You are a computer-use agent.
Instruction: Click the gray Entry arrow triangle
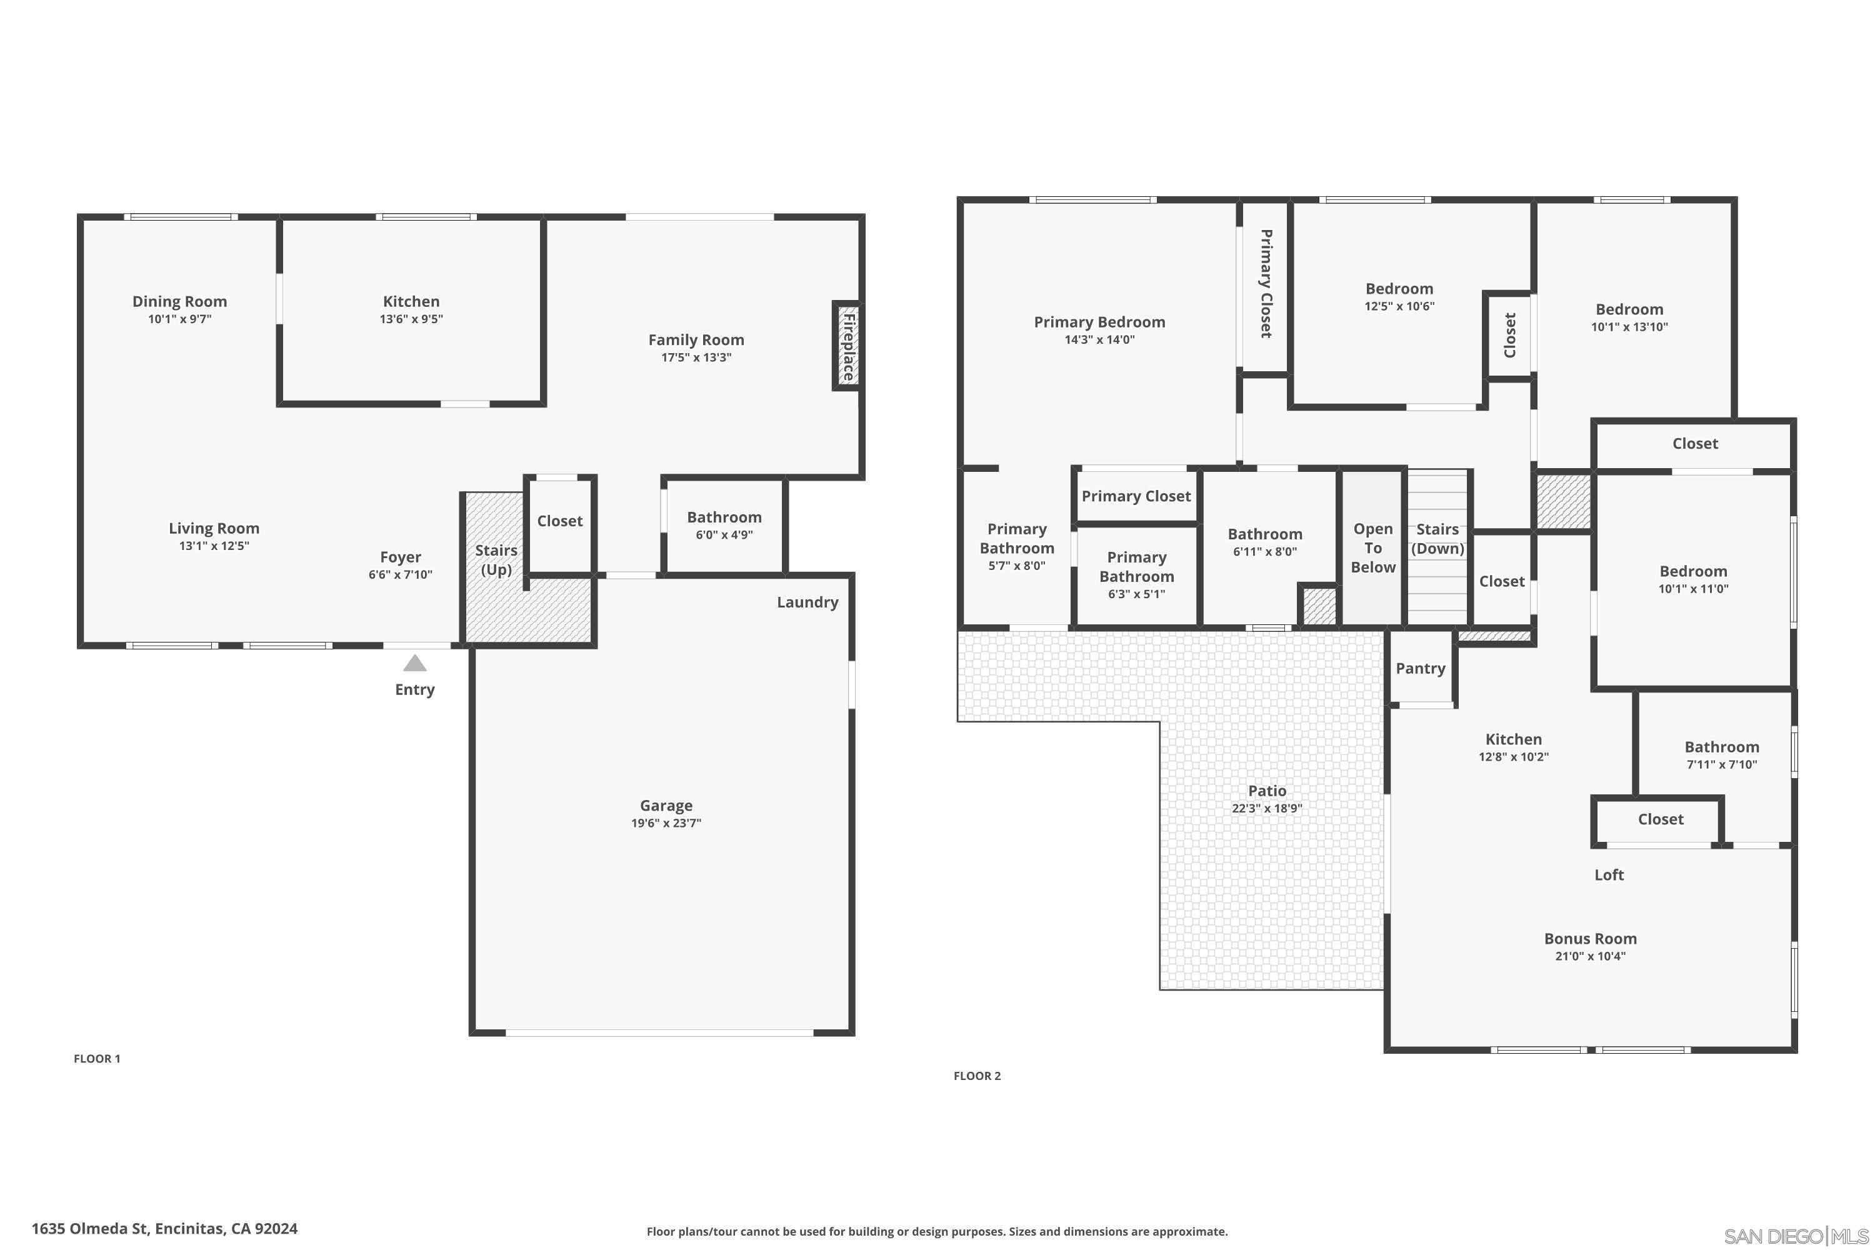(414, 662)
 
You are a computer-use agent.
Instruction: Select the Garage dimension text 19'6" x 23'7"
(666, 822)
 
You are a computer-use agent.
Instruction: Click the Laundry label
(807, 602)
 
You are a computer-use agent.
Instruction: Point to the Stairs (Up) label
(496, 559)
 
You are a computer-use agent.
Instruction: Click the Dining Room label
(179, 301)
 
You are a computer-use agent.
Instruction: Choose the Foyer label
(400, 557)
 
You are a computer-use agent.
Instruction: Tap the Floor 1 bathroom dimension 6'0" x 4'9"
(724, 535)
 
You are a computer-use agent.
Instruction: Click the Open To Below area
(1372, 547)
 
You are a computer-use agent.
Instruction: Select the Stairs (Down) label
(1437, 539)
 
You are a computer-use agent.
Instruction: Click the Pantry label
(1421, 668)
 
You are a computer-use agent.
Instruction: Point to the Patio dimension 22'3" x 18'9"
(1267, 807)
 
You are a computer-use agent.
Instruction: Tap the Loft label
(1609, 874)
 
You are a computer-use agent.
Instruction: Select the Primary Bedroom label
(1099, 322)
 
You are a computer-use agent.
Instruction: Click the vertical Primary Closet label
(1265, 284)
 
